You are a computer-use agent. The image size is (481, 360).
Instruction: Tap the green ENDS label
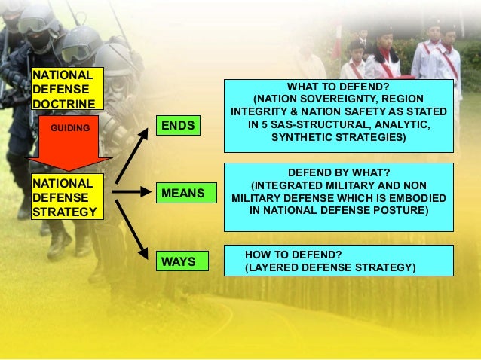[x=179, y=125]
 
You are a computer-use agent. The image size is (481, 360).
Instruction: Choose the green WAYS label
[x=178, y=262]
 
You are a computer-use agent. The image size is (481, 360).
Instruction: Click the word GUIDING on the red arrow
[x=69, y=129]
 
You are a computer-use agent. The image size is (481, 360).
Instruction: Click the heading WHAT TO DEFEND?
[x=339, y=87]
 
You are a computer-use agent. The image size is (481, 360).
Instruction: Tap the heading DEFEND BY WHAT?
[x=339, y=172]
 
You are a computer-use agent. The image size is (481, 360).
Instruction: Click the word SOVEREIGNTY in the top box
[x=341, y=99]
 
